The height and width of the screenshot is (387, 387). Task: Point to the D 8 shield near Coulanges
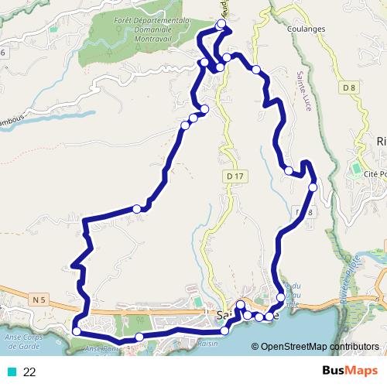[x=348, y=88]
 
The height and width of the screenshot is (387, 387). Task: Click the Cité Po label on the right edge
[x=375, y=174]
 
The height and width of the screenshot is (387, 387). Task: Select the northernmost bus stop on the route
[x=222, y=25]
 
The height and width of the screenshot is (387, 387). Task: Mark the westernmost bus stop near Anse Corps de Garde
[x=76, y=331]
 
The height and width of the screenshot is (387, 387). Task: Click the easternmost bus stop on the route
[x=313, y=187]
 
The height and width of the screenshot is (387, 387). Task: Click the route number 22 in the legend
[x=29, y=372]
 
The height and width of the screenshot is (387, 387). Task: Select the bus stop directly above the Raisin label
[x=224, y=330]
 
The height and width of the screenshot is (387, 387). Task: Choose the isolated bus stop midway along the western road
[x=137, y=207]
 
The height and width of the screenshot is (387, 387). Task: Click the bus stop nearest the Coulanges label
[x=256, y=70]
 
